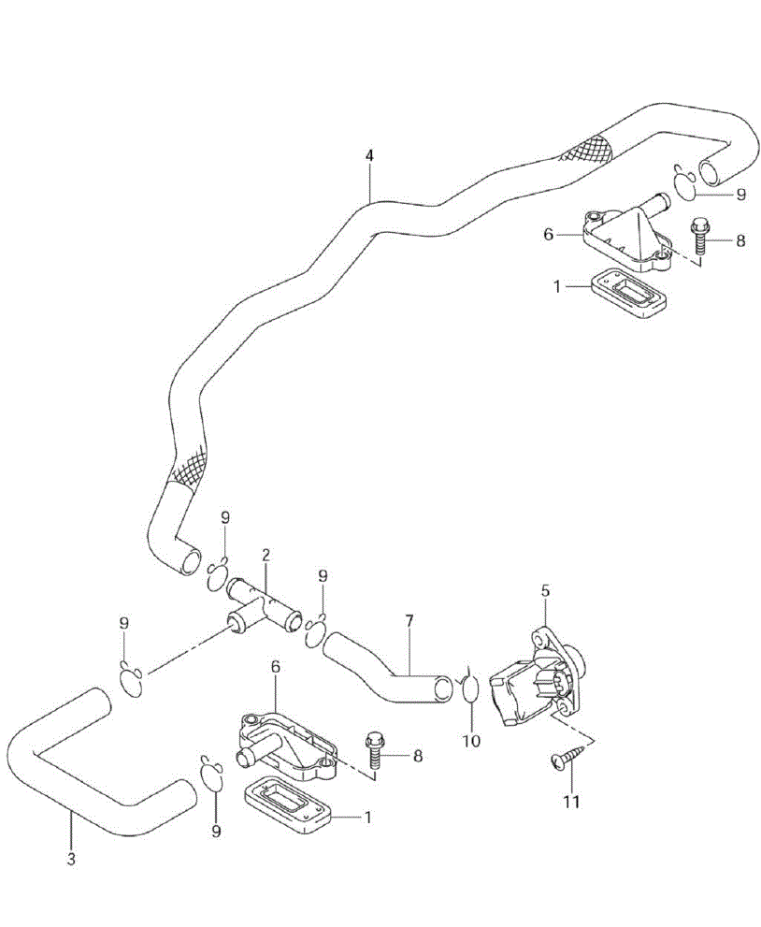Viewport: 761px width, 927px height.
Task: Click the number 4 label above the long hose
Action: (369, 156)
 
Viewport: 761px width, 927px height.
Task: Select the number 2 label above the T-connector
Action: (266, 556)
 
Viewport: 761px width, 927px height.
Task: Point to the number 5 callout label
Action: (546, 590)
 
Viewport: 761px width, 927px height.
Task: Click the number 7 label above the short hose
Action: (409, 620)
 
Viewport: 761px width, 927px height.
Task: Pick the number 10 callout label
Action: (470, 741)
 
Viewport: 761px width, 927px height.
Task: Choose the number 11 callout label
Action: (571, 802)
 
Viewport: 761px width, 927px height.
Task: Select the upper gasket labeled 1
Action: (628, 296)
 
